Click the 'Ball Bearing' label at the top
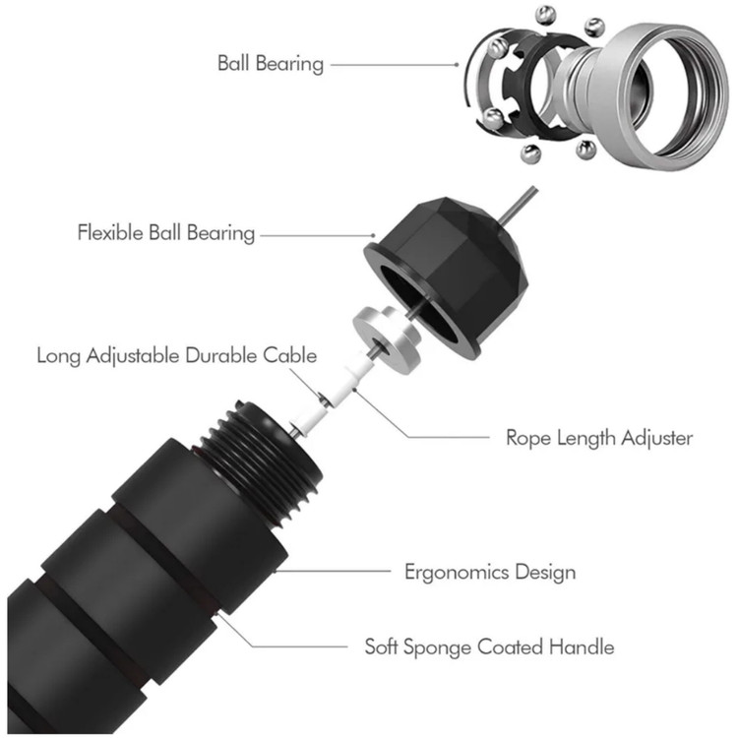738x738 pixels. [x=270, y=64]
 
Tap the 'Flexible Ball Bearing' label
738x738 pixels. [x=166, y=234]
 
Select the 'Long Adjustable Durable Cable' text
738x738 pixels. [x=177, y=355]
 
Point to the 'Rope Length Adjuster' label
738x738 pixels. [x=599, y=437]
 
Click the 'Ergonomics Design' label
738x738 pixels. [x=490, y=571]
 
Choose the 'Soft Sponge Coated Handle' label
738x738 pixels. [x=489, y=646]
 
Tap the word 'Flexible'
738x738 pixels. [x=111, y=234]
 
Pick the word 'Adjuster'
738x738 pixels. [x=656, y=437]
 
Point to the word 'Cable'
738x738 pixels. [x=291, y=355]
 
